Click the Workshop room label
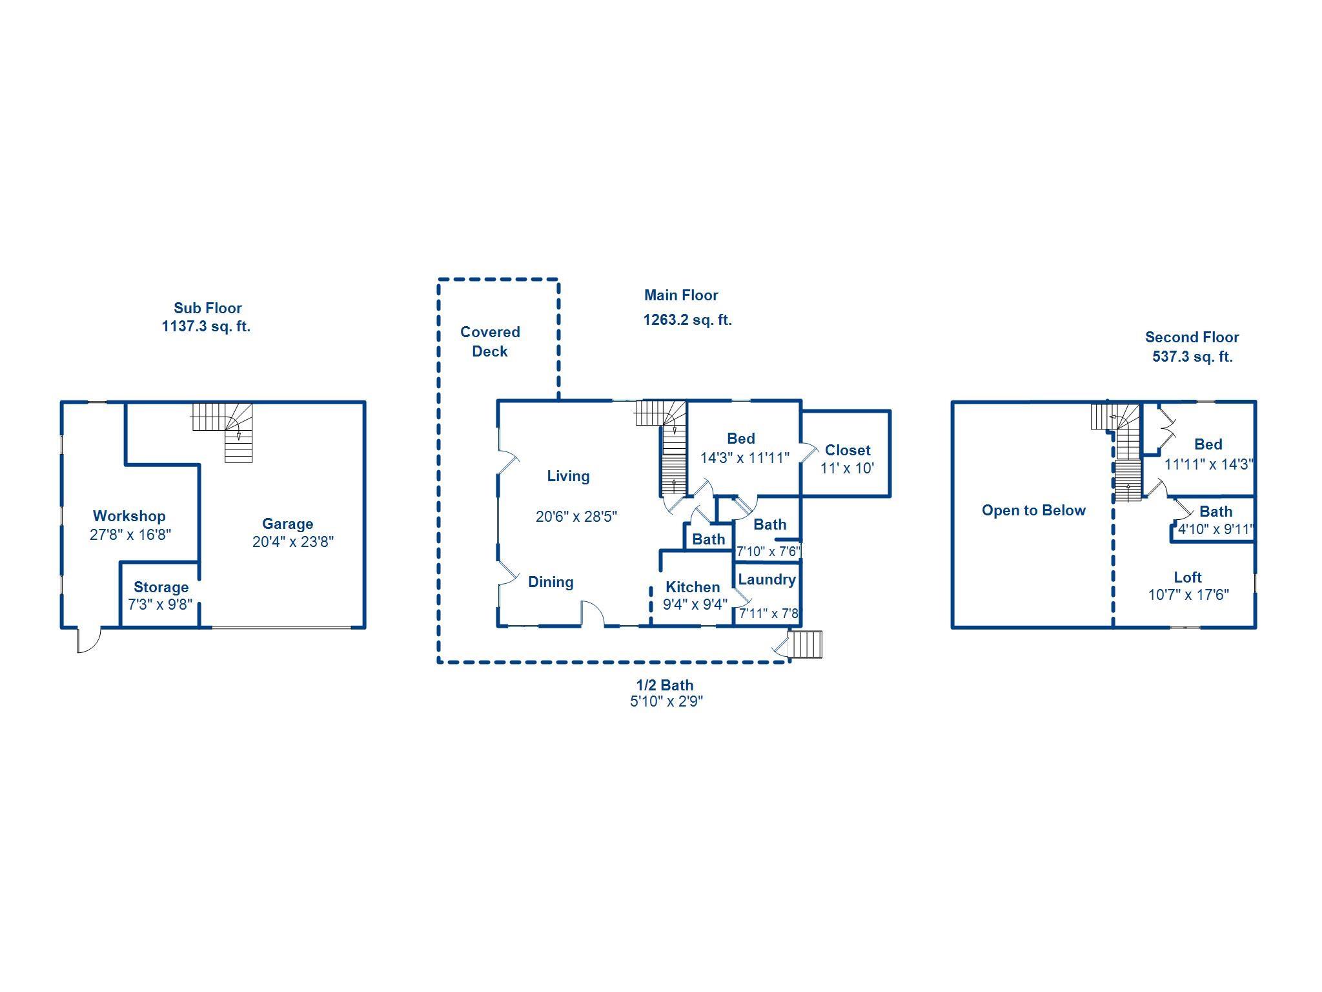[x=129, y=516]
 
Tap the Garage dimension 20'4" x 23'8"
[x=292, y=542]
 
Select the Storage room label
[x=161, y=587]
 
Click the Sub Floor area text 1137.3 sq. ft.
[x=206, y=326]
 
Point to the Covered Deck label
[x=490, y=342]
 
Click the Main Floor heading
[x=681, y=295]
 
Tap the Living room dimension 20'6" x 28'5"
[x=576, y=517]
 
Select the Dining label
[x=551, y=582]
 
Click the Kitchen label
[x=693, y=587]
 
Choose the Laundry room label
[x=767, y=579]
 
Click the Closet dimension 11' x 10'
[x=847, y=468]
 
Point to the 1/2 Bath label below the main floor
[x=665, y=685]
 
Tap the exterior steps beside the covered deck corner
[x=806, y=645]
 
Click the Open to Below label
[x=1033, y=510]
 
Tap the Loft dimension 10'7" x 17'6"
[x=1188, y=595]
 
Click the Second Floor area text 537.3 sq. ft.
[x=1192, y=356]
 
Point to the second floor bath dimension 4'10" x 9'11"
[x=1215, y=530]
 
